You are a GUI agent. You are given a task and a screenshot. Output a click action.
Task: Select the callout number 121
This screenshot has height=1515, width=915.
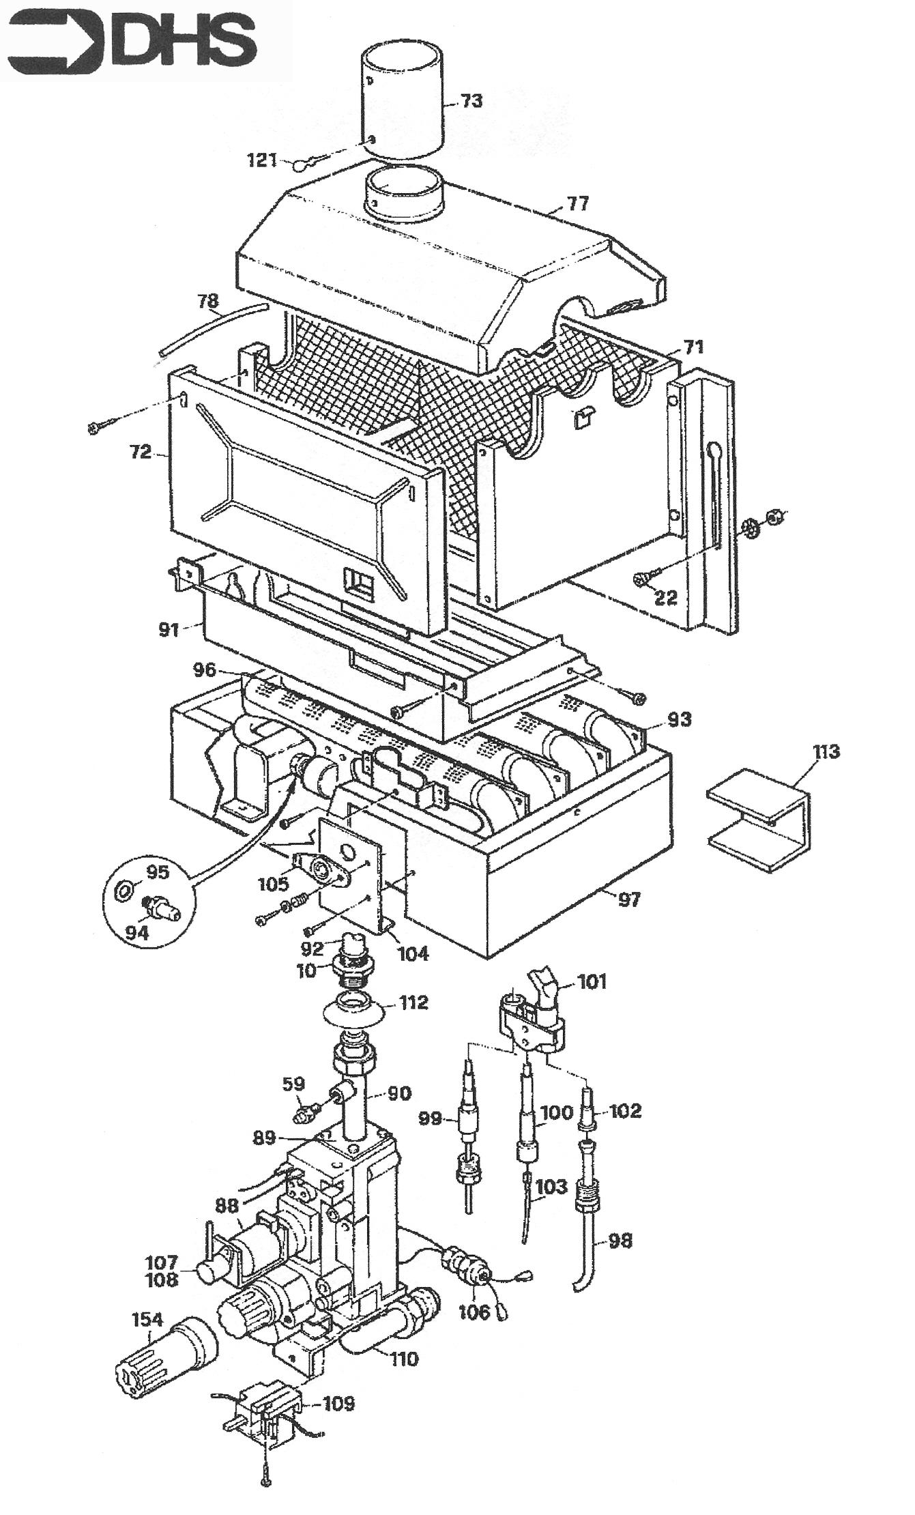(x=262, y=160)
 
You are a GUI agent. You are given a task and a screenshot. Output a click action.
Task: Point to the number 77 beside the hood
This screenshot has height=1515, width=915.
(x=577, y=203)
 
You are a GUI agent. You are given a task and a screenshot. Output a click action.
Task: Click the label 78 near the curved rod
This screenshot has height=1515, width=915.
(x=208, y=300)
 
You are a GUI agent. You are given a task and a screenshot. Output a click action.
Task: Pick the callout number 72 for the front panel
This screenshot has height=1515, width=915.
(x=141, y=452)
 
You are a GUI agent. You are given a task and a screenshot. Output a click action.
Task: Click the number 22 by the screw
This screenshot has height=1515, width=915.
(x=665, y=597)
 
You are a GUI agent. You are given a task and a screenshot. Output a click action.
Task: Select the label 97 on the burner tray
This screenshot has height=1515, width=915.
(x=629, y=899)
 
